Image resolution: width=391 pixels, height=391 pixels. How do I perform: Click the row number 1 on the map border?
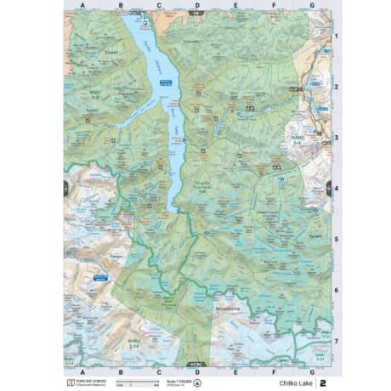click(336, 37)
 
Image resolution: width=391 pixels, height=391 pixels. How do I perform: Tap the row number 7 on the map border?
click(336, 341)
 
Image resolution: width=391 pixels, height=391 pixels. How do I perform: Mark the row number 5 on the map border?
click(336, 240)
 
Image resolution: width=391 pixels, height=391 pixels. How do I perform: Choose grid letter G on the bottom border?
click(312, 372)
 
